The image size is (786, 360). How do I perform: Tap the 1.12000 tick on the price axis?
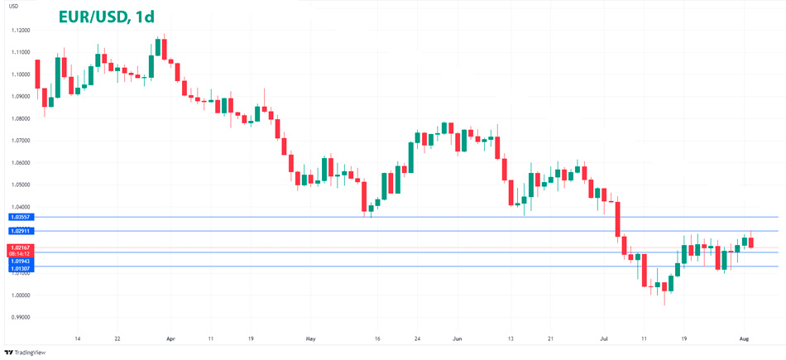[x=21, y=30]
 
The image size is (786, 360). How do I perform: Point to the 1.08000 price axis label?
[x=21, y=118]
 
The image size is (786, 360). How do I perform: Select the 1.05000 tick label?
[x=21, y=185]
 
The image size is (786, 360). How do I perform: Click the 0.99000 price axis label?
[x=21, y=317]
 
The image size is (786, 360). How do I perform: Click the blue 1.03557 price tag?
[x=21, y=217]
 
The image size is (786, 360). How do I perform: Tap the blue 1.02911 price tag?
[x=21, y=231]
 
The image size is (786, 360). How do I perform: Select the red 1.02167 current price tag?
[x=21, y=247]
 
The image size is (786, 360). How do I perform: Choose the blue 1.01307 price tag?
[x=21, y=268]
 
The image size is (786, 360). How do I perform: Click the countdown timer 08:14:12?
[x=21, y=254]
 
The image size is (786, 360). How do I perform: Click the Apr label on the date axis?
[x=171, y=338]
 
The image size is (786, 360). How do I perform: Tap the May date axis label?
[x=310, y=338]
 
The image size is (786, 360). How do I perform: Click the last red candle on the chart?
[x=750, y=242]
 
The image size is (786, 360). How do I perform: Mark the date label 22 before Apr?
[x=117, y=338]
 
